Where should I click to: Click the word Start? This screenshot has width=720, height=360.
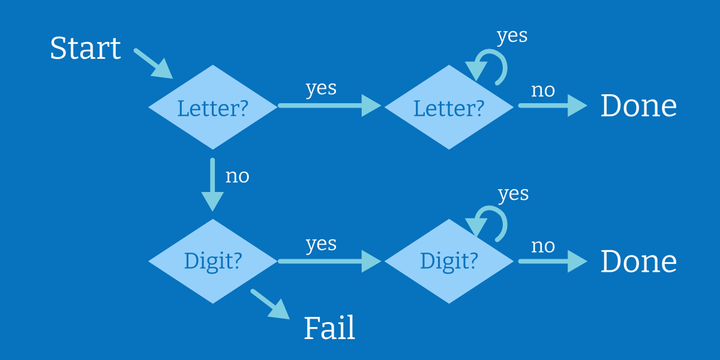tap(85, 48)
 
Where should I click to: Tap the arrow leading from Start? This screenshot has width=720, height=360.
tap(154, 64)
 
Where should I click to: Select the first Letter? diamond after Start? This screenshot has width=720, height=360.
tap(213, 107)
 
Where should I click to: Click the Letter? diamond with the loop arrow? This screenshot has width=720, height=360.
tap(449, 107)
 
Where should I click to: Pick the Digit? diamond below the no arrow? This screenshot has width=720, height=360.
tap(213, 262)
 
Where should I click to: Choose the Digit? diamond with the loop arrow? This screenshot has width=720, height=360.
tap(449, 262)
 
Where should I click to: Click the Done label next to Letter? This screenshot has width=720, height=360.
tap(638, 106)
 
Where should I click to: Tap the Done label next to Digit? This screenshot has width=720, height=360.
tap(638, 262)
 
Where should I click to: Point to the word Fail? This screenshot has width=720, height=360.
tap(329, 328)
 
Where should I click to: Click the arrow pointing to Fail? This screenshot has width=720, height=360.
tap(270, 304)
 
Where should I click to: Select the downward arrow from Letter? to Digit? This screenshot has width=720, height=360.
tap(212, 185)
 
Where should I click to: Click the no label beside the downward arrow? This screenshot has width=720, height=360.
tap(237, 176)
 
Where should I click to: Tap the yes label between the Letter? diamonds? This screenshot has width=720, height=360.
tap(321, 88)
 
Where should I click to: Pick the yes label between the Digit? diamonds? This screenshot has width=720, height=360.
tap(321, 244)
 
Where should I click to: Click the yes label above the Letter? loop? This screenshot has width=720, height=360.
tap(512, 36)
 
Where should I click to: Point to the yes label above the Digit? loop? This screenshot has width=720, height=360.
tap(514, 194)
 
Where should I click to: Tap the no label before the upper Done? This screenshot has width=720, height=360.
tap(543, 91)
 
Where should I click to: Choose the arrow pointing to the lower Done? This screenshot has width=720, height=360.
tap(553, 262)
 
